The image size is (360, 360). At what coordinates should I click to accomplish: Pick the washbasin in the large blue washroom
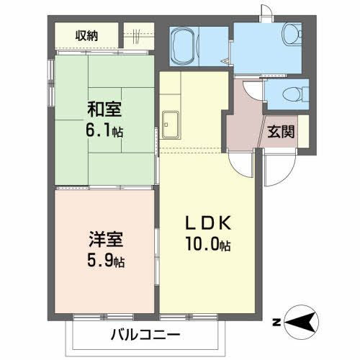(291, 33)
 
